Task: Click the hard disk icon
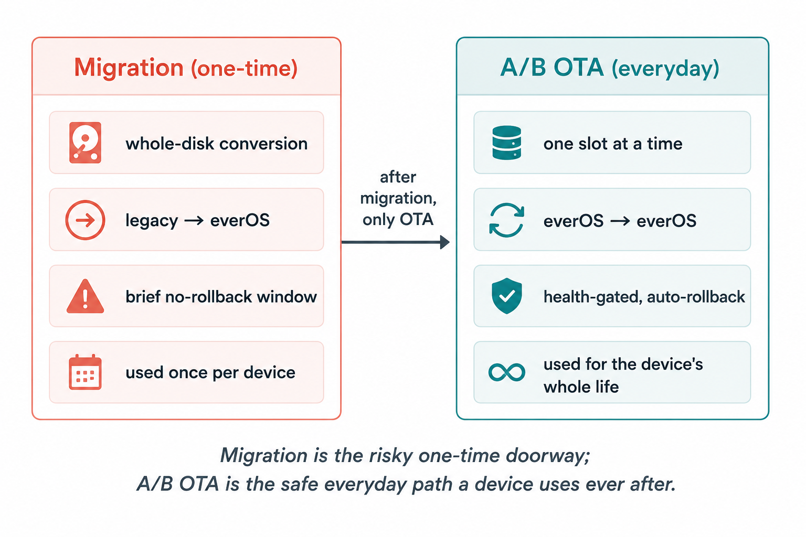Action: click(85, 143)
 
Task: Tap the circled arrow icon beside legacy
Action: click(85, 220)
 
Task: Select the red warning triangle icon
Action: click(86, 296)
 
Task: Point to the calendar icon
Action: click(85, 372)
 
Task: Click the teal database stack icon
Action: click(506, 143)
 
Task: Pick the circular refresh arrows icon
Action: click(506, 220)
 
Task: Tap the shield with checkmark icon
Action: click(506, 296)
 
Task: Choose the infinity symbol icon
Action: click(506, 372)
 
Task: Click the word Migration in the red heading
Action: click(129, 68)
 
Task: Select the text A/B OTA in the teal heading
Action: click(552, 67)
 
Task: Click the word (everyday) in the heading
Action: click(665, 69)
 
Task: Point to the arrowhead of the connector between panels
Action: click(445, 242)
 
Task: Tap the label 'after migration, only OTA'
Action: click(398, 198)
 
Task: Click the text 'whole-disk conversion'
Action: click(217, 144)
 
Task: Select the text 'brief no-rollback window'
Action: click(221, 297)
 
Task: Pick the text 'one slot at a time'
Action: click(613, 144)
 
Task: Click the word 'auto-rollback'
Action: click(696, 297)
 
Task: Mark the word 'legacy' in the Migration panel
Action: click(152, 221)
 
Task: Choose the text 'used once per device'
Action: click(210, 373)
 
